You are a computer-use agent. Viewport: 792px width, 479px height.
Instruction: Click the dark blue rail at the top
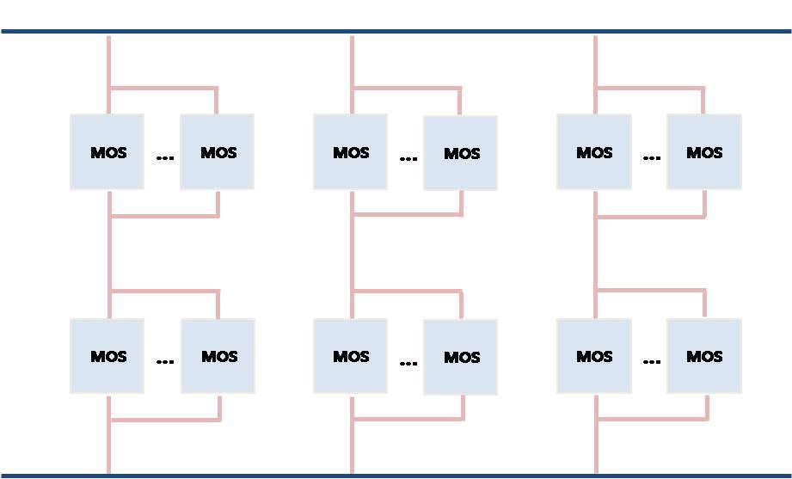click(396, 31)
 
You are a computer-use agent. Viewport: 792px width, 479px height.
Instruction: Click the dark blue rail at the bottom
click(396, 476)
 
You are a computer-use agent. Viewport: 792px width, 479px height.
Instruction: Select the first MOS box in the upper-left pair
click(107, 151)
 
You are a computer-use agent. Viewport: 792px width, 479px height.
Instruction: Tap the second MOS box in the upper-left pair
click(218, 151)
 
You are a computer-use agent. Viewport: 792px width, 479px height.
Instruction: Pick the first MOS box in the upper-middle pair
click(350, 151)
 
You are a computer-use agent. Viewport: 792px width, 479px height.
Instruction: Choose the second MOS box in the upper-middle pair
click(460, 152)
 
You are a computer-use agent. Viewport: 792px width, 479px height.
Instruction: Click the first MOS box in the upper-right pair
click(594, 151)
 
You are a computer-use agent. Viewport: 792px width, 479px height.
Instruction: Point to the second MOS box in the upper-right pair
click(704, 151)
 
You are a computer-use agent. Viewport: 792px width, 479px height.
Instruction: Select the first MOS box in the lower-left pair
click(107, 356)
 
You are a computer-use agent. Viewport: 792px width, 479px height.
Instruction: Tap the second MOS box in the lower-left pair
click(218, 356)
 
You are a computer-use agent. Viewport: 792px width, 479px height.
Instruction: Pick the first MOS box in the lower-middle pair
click(350, 356)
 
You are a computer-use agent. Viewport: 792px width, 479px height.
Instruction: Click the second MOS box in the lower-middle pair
click(460, 357)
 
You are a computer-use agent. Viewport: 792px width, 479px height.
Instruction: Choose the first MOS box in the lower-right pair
click(594, 356)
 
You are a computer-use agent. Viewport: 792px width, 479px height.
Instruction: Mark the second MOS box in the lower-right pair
click(704, 356)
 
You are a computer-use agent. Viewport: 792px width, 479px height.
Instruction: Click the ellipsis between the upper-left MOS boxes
click(165, 158)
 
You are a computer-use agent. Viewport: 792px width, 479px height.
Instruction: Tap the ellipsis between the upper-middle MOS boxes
click(408, 158)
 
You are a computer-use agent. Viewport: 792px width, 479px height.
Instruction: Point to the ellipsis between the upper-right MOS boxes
click(652, 158)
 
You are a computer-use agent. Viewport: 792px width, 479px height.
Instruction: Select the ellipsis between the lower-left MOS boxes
click(165, 362)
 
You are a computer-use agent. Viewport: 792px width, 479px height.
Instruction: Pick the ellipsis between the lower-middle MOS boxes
click(408, 363)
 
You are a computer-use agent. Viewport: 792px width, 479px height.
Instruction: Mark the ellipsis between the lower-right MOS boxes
click(652, 362)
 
